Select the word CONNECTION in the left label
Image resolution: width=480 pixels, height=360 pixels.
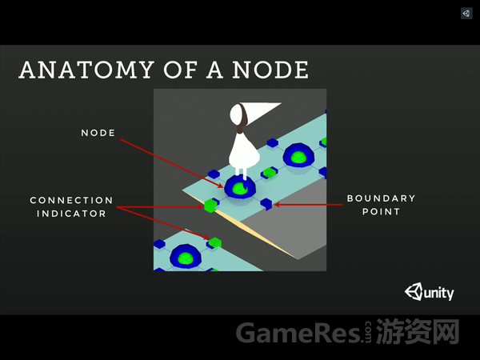pos(71,199)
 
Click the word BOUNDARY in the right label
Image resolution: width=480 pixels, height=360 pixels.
pos(381,198)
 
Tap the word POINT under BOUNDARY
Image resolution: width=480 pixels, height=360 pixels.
pos(380,213)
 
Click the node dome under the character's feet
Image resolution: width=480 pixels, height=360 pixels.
pos(239,187)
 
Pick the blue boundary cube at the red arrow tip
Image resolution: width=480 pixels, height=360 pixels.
pos(267,203)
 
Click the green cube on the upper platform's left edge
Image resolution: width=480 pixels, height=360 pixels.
pos(211,206)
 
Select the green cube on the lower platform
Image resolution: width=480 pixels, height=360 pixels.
pos(214,241)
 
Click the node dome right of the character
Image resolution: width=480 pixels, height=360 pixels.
pos(299,156)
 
